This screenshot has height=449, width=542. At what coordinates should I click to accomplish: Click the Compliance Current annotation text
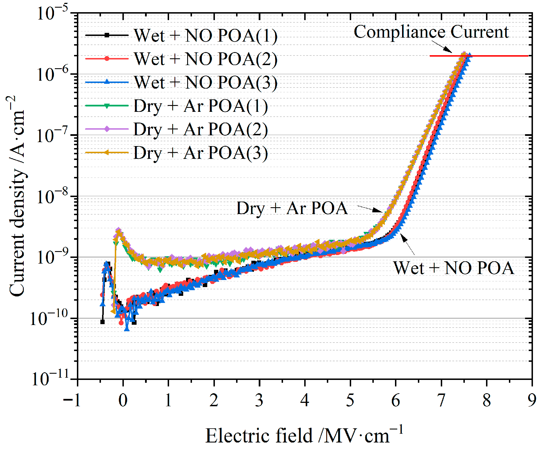coord(431,32)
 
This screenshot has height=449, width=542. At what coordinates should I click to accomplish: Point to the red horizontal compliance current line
coord(495,56)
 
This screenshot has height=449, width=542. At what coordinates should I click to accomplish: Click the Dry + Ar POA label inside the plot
coord(292,208)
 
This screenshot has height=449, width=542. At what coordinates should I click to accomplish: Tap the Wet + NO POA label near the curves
coord(454,268)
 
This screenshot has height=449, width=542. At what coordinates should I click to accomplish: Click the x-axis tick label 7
coord(441,400)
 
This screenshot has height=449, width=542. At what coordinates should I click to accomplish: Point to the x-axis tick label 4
coord(305,400)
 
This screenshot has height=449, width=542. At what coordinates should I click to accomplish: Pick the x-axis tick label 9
coord(532,400)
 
